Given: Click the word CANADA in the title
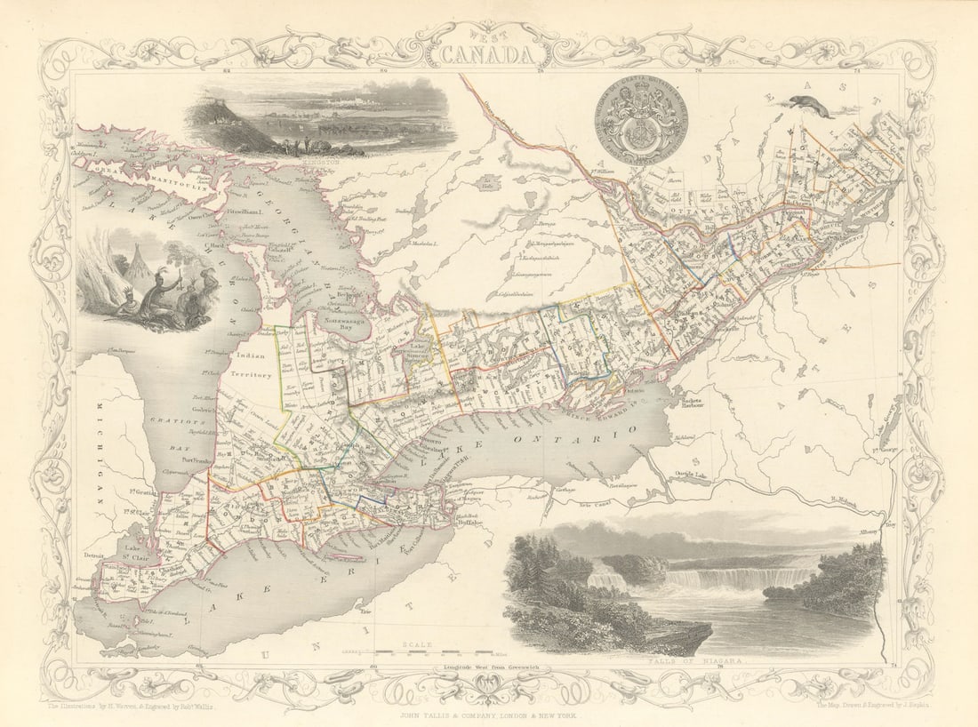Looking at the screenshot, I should [x=489, y=54].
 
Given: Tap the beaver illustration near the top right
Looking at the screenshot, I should [x=811, y=107].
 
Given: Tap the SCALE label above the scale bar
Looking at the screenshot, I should [x=416, y=643].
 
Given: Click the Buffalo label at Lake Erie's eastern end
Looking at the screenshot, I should [x=469, y=523].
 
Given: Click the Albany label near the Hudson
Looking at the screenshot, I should [x=869, y=531].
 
